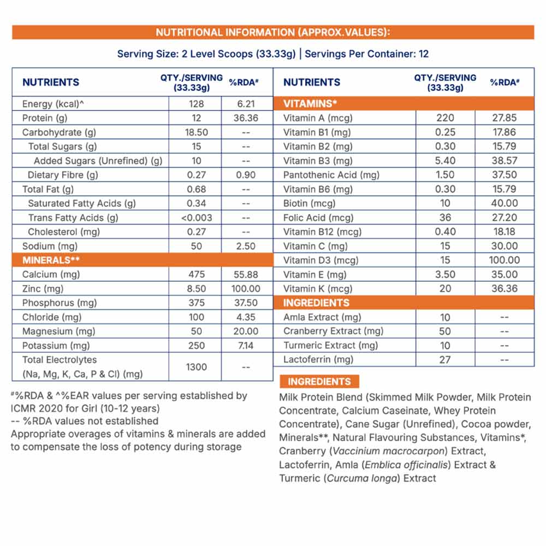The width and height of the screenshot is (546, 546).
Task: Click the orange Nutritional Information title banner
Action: click(x=273, y=32)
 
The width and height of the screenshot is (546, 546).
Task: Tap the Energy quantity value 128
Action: click(x=197, y=104)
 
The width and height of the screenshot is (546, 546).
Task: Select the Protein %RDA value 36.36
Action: click(x=246, y=118)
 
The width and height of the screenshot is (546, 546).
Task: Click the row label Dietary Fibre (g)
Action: click(x=63, y=175)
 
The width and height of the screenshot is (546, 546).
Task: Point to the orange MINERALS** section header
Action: click(x=142, y=260)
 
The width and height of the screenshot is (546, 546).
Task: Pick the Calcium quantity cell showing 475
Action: click(x=197, y=274)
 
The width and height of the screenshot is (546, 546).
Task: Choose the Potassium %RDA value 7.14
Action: click(x=246, y=345)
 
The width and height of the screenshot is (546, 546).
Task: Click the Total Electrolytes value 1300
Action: click(x=197, y=367)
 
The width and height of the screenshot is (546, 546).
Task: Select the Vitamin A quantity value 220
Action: click(x=446, y=118)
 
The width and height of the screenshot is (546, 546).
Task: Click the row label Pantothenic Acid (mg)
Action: click(x=331, y=175)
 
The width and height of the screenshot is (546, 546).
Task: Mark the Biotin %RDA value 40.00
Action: click(x=505, y=203)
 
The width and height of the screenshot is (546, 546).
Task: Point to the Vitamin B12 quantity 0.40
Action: click(x=446, y=232)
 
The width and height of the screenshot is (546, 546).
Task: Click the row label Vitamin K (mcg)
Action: click(x=318, y=288)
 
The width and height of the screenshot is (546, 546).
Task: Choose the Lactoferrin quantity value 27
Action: click(x=446, y=359)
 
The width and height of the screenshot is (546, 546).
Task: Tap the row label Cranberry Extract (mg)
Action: click(x=333, y=331)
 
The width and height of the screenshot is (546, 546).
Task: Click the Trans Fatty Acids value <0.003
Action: click(x=197, y=217)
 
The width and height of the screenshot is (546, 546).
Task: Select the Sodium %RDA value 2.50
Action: click(x=246, y=246)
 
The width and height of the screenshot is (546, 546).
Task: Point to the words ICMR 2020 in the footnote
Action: click(x=37, y=407)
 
